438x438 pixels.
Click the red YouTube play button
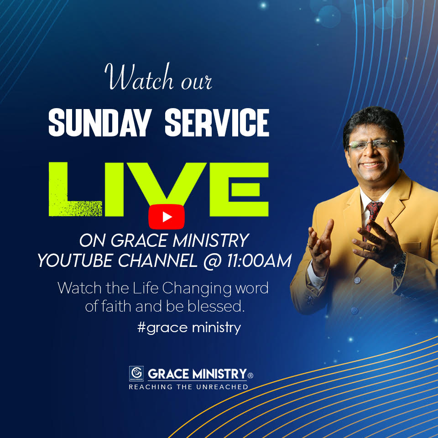pyautogui.click(x=166, y=216)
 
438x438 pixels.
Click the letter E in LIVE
pyautogui.click(x=242, y=188)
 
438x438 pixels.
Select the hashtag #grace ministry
pyautogui.click(x=189, y=327)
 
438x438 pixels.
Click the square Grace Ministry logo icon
pyautogui.click(x=136, y=373)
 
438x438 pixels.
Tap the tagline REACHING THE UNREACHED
pyautogui.click(x=188, y=387)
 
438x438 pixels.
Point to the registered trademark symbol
pyautogui.click(x=250, y=376)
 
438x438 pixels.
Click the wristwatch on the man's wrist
pyautogui.click(x=399, y=264)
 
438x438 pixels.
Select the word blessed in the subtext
pyautogui.click(x=221, y=307)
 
